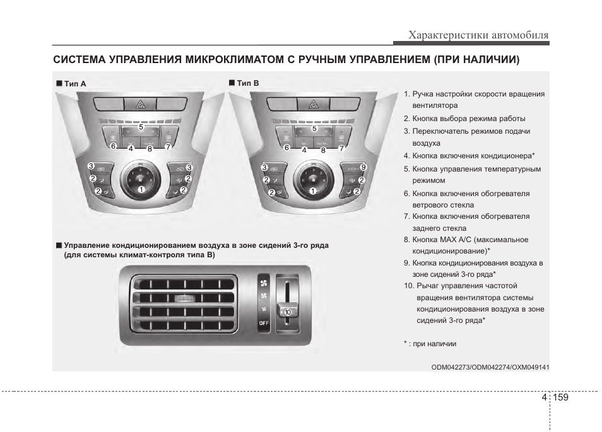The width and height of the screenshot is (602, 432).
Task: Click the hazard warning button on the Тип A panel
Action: point(139,104)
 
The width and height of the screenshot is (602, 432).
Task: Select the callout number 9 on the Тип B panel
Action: point(363,166)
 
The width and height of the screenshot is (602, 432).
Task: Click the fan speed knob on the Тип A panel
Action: point(139,179)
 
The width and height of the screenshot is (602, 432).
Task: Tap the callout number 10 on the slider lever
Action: point(288,312)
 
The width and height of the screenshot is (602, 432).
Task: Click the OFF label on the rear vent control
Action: point(264,323)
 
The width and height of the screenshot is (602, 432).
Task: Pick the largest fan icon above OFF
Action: point(264,283)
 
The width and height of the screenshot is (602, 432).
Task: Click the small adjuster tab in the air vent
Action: point(183,298)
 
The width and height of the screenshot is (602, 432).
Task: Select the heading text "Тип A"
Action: point(74,83)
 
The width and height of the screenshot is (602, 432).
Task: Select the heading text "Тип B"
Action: point(247,83)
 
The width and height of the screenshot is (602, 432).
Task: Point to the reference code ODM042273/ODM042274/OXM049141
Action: point(490,367)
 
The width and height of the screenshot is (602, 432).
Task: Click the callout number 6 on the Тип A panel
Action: point(113,146)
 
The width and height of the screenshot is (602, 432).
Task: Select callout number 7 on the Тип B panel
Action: point(341,148)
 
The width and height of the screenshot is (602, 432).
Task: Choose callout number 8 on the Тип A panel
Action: point(150,149)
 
